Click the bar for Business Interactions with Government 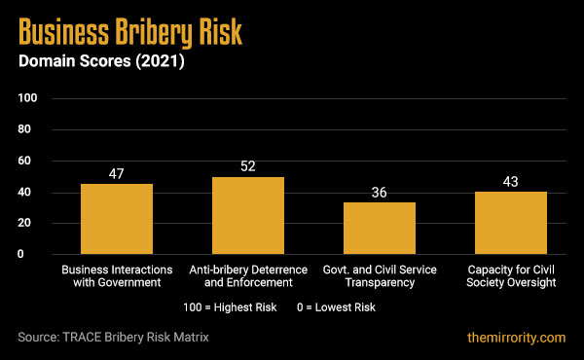coord(117,219)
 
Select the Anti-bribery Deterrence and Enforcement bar coord(248,215)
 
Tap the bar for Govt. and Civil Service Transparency coord(380,228)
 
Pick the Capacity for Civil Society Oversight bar coord(511,223)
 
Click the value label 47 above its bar coord(117,173)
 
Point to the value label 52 coord(248,166)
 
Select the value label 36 coord(380,192)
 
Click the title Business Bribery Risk coord(129,34)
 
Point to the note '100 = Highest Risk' coord(229,306)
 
